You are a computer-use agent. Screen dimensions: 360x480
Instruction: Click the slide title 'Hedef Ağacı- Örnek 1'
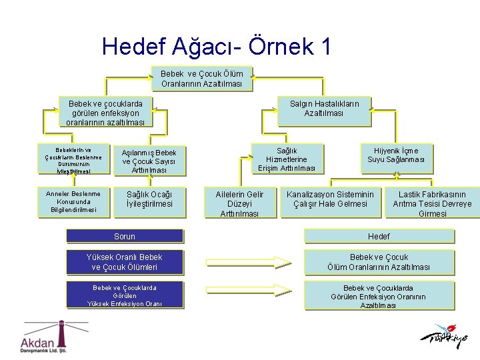coord(217,46)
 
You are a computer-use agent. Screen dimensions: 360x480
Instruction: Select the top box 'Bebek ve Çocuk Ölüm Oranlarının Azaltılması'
coord(202,79)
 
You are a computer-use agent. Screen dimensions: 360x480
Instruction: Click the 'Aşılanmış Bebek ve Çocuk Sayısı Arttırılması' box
coord(149,161)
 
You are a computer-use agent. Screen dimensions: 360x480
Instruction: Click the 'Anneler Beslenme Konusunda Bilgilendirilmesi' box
coord(73,202)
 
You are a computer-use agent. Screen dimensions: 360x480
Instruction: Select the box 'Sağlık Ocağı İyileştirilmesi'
coord(149,199)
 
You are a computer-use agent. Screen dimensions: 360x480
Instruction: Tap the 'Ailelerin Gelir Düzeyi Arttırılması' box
coord(239,203)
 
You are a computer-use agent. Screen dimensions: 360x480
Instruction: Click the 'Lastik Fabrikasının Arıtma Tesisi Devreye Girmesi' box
coord(432,203)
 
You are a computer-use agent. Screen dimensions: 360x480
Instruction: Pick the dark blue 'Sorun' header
coord(125,236)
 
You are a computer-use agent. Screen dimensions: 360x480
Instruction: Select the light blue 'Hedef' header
coord(379,236)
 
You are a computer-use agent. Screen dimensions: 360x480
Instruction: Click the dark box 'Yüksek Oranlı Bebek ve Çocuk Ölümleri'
coord(125,262)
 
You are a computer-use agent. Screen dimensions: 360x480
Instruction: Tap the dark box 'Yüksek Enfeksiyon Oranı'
coord(125,296)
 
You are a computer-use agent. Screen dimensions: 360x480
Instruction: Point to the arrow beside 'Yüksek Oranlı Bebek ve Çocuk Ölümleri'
coord(248,262)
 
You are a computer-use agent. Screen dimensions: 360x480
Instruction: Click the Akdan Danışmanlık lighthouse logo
coord(45,337)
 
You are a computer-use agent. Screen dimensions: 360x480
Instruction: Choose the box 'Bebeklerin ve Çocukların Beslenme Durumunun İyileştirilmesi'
coord(73,160)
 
